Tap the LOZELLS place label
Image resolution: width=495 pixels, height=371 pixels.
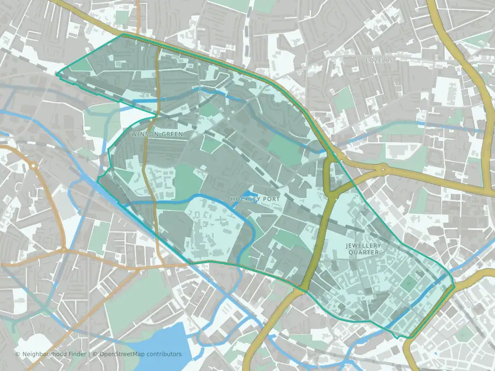click(x=379, y=60)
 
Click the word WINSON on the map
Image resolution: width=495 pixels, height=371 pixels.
click(x=143, y=134)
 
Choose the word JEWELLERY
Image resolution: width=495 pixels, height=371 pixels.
click(x=364, y=246)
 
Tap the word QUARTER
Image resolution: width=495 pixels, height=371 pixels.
click(x=364, y=252)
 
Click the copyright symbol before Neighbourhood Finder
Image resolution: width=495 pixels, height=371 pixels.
click(x=18, y=354)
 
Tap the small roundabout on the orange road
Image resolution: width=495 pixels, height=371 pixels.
click(x=32, y=166)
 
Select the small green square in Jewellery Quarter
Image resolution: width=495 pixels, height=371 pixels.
click(x=408, y=283)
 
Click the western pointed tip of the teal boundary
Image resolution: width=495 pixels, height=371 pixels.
click(x=57, y=74)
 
